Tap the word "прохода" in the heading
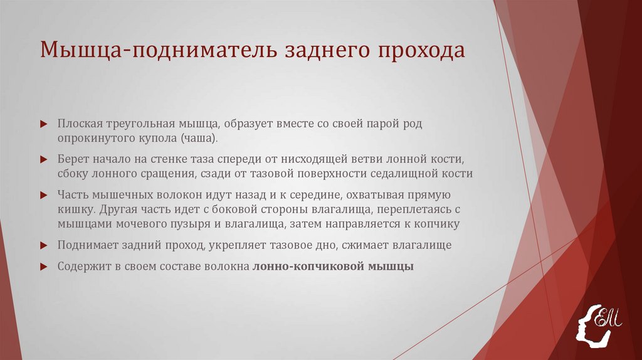(422, 50)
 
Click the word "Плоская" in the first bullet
(77, 124)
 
